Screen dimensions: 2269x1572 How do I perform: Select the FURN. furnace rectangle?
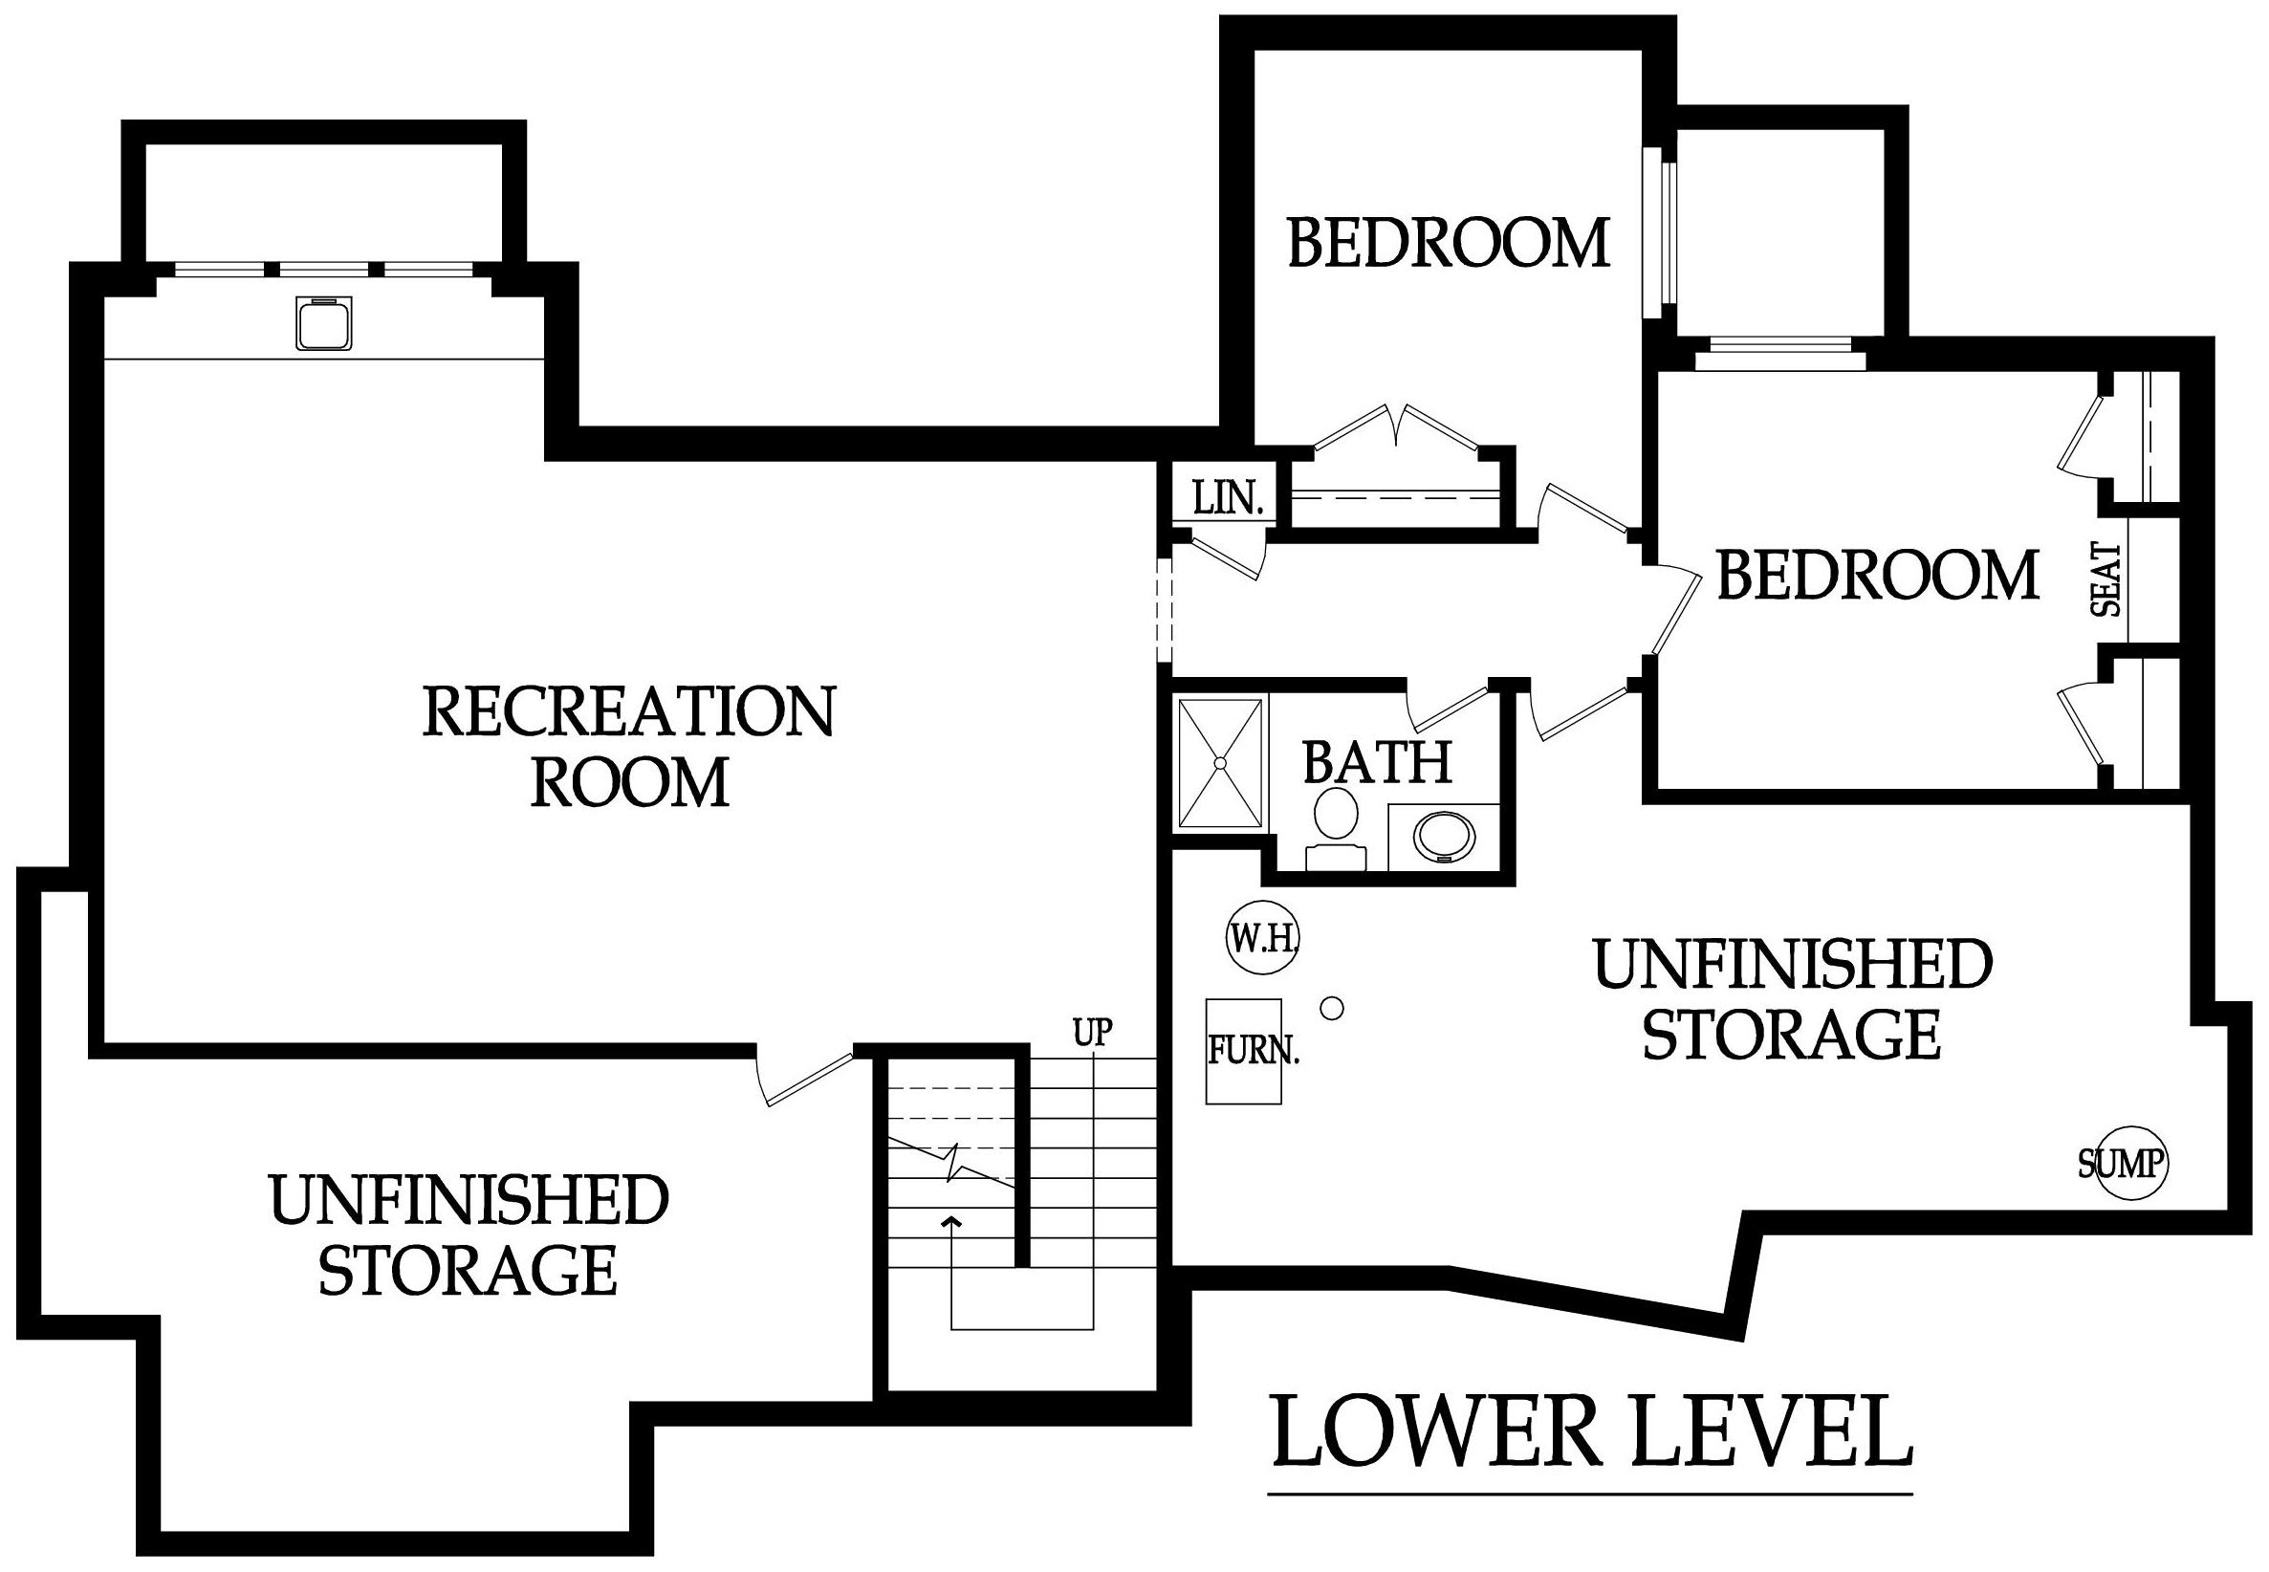(x=1244, y=1052)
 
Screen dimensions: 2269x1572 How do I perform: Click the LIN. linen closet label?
(x=1227, y=499)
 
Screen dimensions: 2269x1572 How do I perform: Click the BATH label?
(x=1378, y=761)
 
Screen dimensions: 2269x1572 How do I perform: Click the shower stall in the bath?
(x=1220, y=763)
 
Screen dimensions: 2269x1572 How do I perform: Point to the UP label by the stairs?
(x=1093, y=1031)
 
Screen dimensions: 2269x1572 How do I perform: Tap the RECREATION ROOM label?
(x=629, y=748)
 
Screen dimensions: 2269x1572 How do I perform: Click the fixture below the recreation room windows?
(x=323, y=323)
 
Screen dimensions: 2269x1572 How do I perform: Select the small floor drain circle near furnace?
(x=1331, y=1008)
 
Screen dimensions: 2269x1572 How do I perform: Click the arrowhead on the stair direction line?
(x=951, y=1223)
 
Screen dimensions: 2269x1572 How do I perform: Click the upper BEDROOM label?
(x=1449, y=242)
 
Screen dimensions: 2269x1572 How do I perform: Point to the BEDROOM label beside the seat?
(x=1877, y=576)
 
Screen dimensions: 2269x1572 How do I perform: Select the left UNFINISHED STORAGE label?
(x=468, y=1235)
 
